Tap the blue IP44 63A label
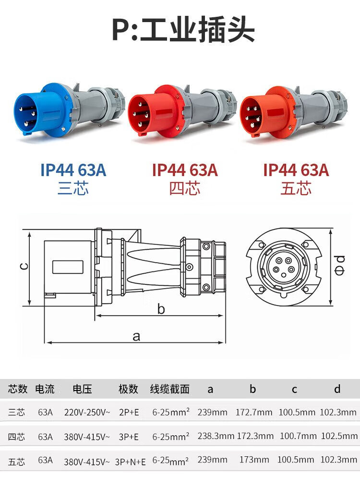pos(73,170)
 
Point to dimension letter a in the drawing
pos(136,336)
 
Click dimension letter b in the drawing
pos(161,309)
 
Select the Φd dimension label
pos(339,265)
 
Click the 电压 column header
pos(82,389)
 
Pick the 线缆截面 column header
pos(169,389)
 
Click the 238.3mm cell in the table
pos(216,436)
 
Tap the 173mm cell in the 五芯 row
pos(254,460)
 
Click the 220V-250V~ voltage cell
pos(87,413)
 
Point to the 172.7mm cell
pos(254,413)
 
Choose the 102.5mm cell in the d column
pos(339,436)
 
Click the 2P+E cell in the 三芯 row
pos(129,413)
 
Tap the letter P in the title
pos(120,31)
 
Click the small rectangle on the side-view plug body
pos(68,267)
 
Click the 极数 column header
pos(128,389)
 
